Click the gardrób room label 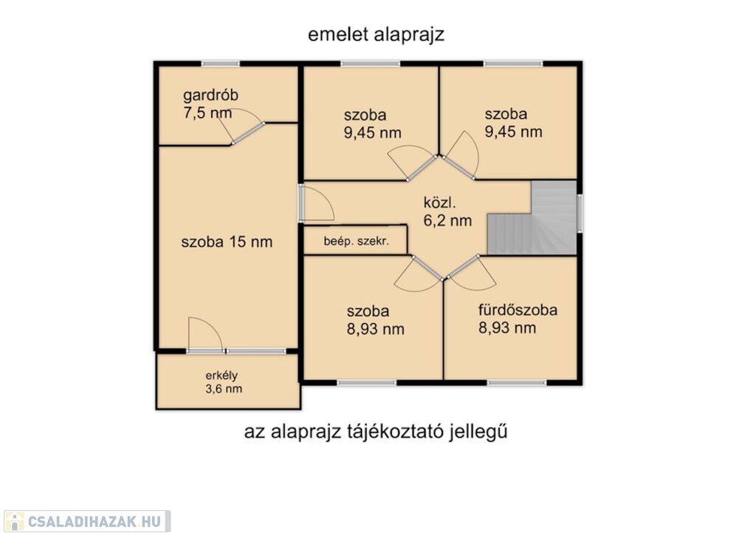point(210,95)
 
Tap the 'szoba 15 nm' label point(227,242)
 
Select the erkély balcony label point(221,376)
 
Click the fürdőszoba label point(518,310)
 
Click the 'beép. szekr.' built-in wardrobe point(356,240)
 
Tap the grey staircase point(532,218)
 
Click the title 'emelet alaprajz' point(376,35)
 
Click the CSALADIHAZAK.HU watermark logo point(87,521)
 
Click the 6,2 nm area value point(447,220)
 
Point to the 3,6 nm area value point(224,389)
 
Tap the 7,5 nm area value point(207,113)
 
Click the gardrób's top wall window point(220,64)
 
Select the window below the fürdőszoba point(517,383)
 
